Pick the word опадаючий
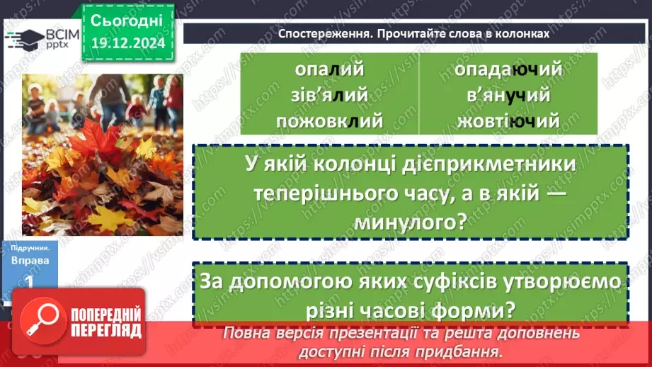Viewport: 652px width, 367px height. (x=508, y=69)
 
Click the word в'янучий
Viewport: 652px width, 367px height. (x=508, y=95)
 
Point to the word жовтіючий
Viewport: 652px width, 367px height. (x=508, y=120)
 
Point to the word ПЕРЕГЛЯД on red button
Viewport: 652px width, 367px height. (x=104, y=331)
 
